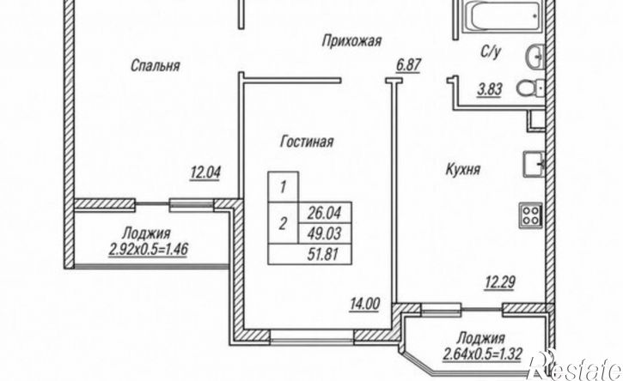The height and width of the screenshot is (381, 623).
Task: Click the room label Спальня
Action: tap(156, 65)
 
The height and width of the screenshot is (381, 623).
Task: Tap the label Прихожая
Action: tap(352, 41)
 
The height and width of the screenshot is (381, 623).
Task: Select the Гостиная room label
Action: tap(307, 142)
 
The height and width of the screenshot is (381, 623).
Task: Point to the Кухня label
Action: tap(463, 169)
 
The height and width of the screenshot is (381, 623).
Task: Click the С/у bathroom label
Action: tap(491, 51)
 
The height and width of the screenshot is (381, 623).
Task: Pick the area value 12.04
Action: tap(205, 173)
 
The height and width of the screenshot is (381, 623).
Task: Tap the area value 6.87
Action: tap(408, 64)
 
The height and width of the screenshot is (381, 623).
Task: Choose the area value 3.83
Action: tap(490, 90)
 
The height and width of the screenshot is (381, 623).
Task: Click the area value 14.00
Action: tap(364, 305)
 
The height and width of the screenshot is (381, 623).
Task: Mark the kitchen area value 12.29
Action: tap(500, 283)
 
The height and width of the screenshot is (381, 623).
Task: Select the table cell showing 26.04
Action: tap(325, 213)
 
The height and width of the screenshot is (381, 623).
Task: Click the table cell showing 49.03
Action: tap(325, 233)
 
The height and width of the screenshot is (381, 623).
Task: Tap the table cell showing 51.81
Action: tap(310, 254)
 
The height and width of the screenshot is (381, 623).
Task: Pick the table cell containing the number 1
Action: tap(284, 187)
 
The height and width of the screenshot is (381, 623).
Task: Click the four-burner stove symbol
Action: tap(531, 215)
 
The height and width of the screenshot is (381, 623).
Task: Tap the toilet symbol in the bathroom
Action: tap(530, 88)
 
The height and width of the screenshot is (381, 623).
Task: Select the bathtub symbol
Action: tap(503, 15)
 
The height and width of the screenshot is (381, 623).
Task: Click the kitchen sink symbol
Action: tap(534, 164)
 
